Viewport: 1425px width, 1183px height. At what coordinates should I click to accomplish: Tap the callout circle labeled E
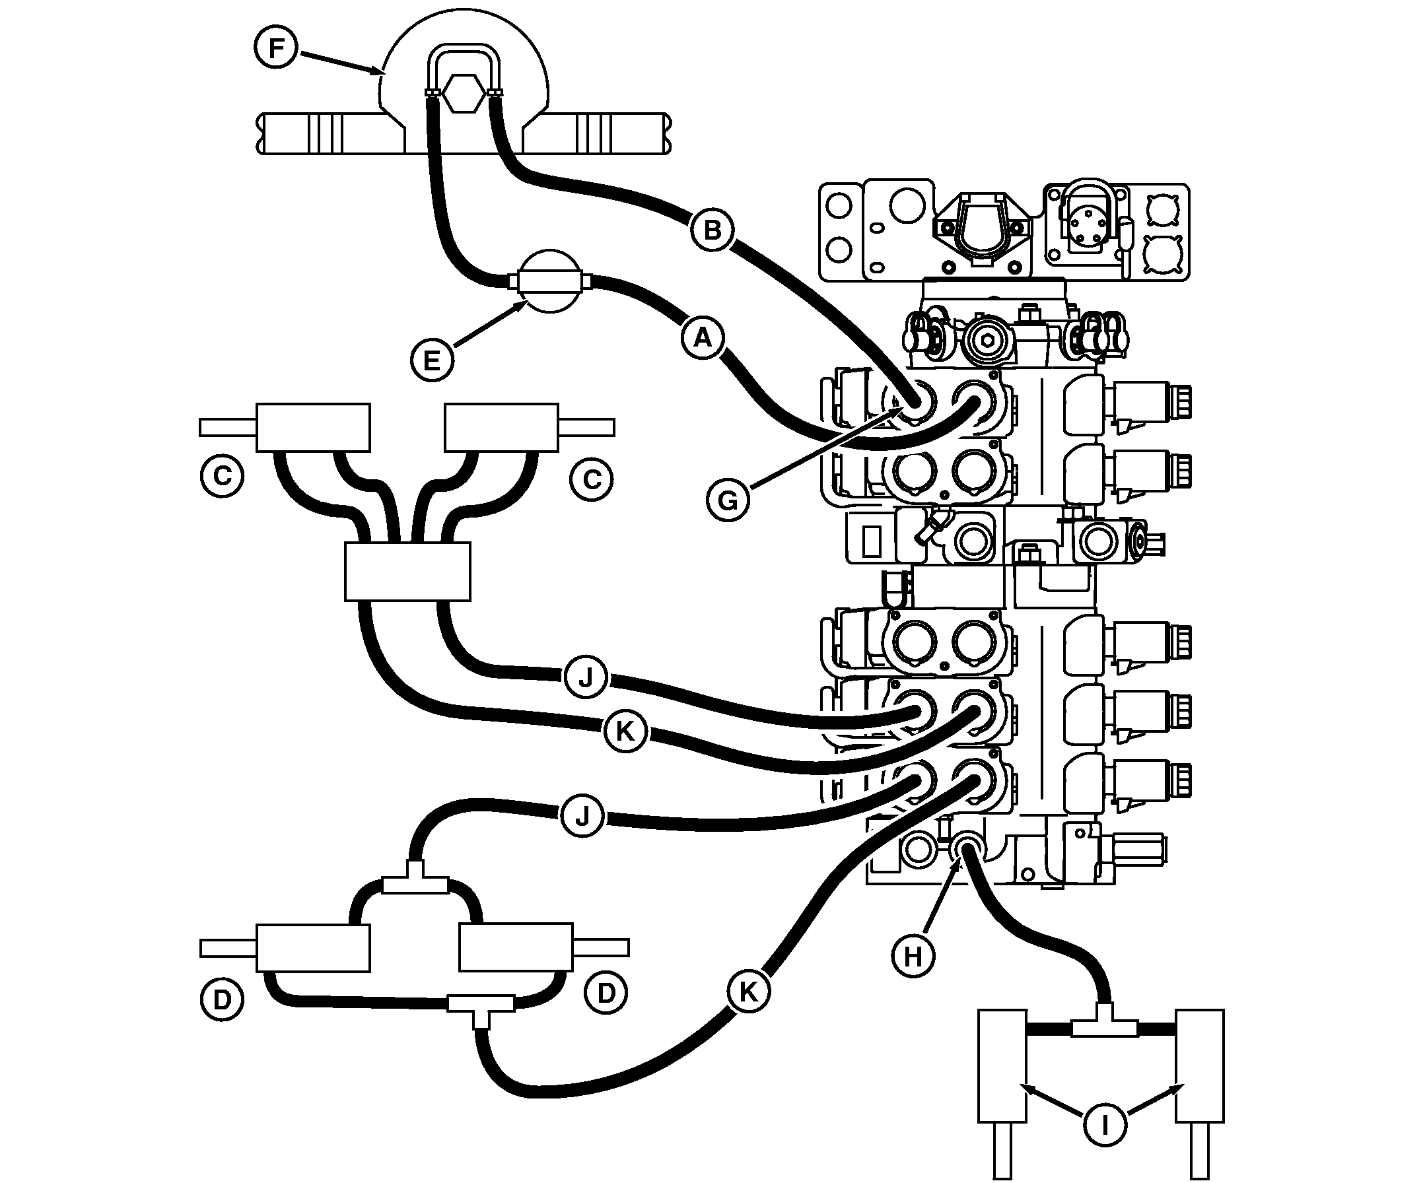tap(432, 360)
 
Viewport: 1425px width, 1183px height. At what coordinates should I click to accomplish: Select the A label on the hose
tap(703, 337)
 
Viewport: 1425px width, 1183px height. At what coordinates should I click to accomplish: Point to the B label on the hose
tap(712, 230)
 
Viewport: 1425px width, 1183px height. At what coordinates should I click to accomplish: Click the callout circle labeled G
tap(728, 501)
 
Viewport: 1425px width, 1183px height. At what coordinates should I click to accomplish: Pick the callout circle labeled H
tap(913, 957)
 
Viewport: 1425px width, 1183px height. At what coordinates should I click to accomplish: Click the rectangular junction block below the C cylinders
tap(407, 571)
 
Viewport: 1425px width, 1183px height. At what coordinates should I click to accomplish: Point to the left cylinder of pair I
tap(1002, 1064)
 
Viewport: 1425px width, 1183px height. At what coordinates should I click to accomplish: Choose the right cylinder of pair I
tap(1200, 1064)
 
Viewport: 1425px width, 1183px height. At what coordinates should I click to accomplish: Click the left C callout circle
tap(222, 476)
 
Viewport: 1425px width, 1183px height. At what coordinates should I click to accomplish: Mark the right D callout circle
tap(606, 994)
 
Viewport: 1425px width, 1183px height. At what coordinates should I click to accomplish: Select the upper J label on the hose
tap(586, 677)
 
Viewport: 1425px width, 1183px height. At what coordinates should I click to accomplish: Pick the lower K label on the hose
tap(747, 992)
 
